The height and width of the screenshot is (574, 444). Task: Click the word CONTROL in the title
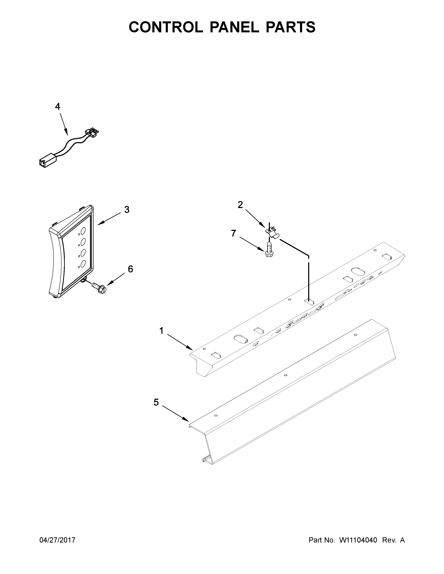click(x=166, y=27)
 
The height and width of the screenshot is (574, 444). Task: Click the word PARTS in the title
click(x=290, y=27)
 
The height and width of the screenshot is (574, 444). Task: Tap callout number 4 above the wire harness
click(x=58, y=106)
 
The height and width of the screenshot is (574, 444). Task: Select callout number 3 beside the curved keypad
click(x=127, y=209)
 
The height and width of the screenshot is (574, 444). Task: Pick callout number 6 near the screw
click(x=130, y=269)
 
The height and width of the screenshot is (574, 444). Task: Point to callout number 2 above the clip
click(x=240, y=205)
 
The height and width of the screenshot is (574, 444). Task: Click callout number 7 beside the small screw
click(x=233, y=233)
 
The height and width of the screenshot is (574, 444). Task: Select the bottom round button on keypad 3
click(x=83, y=264)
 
